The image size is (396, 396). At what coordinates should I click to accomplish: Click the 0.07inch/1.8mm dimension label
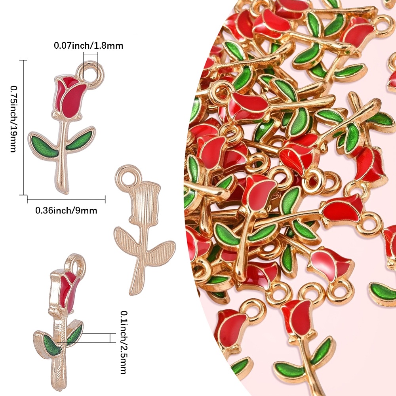coord(88,46)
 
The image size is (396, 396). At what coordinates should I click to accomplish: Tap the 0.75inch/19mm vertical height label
coord(13,119)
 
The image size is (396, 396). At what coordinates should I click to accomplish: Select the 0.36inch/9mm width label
coord(66,210)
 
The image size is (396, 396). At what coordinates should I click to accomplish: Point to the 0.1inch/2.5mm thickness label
coord(124,342)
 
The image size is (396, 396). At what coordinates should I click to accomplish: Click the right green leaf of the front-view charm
coord(80,140)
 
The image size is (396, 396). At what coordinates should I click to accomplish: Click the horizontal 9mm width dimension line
coord(66,199)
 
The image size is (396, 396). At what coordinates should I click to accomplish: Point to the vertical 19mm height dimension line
coord(23,128)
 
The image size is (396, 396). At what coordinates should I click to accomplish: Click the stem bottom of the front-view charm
coord(64,191)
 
